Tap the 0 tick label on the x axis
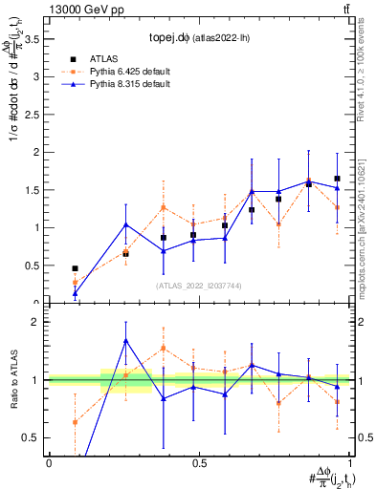(x=49, y=463)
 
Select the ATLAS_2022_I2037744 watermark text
(x=198, y=286)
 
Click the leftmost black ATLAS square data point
(x=76, y=269)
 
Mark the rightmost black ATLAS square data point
(x=337, y=179)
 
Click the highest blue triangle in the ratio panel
(x=126, y=341)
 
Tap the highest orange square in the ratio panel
(x=164, y=349)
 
